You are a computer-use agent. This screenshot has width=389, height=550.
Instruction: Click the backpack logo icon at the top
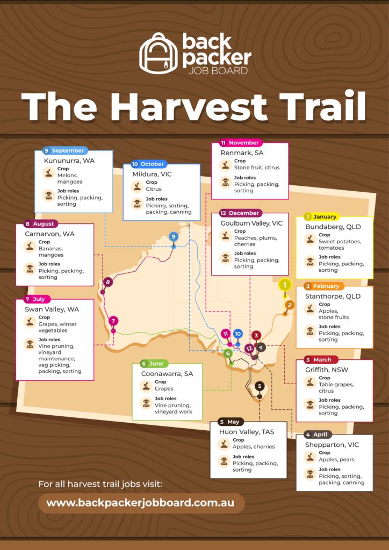tap(159, 53)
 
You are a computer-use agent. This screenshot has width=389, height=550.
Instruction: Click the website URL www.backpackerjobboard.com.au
tap(140, 503)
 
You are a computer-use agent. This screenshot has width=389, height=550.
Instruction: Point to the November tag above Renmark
tap(240, 143)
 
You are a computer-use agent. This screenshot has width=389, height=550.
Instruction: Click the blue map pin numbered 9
tap(173, 237)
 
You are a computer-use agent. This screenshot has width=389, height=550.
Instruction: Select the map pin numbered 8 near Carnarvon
tap(108, 282)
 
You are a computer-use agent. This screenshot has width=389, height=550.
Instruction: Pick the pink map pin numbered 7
tap(113, 321)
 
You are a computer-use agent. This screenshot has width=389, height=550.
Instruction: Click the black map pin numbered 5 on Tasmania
tap(260, 386)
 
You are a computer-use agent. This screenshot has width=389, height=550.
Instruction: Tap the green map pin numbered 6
tap(228, 353)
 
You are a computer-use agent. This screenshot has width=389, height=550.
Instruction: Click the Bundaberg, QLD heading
tap(333, 227)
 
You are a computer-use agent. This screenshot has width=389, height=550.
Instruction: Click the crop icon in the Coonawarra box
tap(146, 385)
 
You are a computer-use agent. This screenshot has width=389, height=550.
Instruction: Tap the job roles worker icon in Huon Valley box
tap(224, 461)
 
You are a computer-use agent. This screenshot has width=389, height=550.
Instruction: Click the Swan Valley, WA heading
tap(52, 309)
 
